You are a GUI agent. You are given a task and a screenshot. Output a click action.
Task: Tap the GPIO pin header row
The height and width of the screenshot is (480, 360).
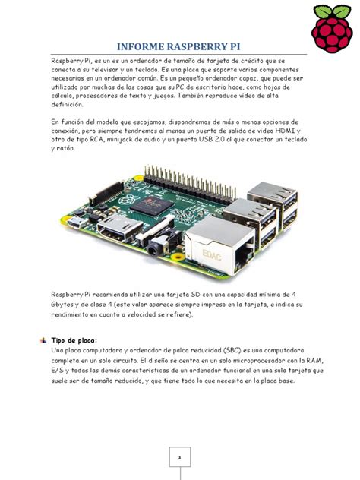click(190, 175)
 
